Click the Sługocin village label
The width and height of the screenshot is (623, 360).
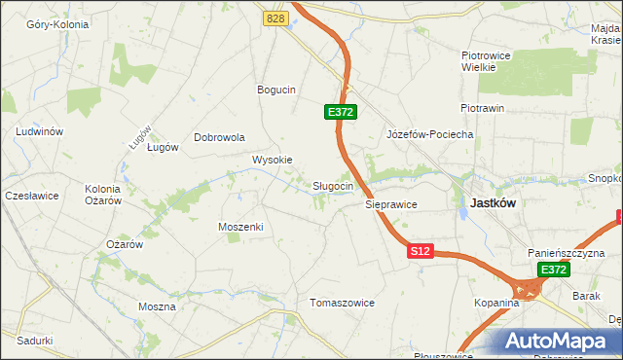pos(339,186)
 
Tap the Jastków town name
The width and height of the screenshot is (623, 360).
pos(492,203)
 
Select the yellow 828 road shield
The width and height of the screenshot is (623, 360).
pos(275,18)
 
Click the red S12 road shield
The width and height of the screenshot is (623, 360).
pos(420,251)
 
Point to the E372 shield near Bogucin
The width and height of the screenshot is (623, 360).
pos(341,113)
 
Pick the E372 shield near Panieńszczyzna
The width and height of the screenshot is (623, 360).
pos(554,270)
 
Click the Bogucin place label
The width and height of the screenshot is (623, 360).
pos(275,90)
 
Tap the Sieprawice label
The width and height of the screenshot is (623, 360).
pos(391,205)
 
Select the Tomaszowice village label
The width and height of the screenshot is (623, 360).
pos(342,303)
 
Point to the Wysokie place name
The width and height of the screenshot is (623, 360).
pos(273,160)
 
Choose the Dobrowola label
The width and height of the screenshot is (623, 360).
pos(219,137)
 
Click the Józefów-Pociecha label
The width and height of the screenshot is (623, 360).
pos(429,134)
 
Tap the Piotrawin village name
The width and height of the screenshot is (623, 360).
pos(482,108)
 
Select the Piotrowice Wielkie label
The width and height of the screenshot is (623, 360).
pos(486,62)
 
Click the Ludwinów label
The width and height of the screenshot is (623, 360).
pos(40,131)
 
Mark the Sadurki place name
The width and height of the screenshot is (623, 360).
pos(34,341)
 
